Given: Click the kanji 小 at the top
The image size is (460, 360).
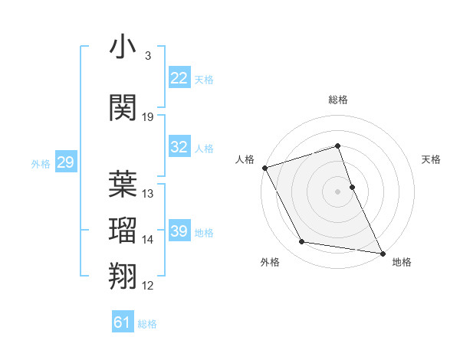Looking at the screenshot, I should (123, 47).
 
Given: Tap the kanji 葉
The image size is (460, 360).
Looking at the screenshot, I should (123, 184).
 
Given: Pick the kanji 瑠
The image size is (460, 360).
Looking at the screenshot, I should (123, 230).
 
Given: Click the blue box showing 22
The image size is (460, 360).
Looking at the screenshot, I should (179, 77).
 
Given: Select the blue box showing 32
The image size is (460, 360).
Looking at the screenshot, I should (179, 147).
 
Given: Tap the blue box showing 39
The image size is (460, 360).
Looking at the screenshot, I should (179, 231).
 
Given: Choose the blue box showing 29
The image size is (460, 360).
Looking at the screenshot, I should (65, 162).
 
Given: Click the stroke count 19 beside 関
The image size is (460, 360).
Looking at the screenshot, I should (148, 117).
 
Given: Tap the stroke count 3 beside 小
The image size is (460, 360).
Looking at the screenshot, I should (147, 57).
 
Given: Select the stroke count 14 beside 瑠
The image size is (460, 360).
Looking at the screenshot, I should (148, 240).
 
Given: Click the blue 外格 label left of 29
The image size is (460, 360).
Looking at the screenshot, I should (41, 163).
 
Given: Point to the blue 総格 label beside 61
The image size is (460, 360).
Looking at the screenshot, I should (147, 324).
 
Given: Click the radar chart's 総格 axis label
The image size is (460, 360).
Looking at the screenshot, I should (338, 100).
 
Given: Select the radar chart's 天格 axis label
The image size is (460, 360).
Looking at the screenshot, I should (432, 159).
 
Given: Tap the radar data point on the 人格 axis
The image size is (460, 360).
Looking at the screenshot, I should (264, 168).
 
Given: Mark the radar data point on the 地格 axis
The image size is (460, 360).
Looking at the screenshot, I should (381, 252).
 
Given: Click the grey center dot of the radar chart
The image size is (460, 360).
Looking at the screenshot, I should (338, 191).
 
